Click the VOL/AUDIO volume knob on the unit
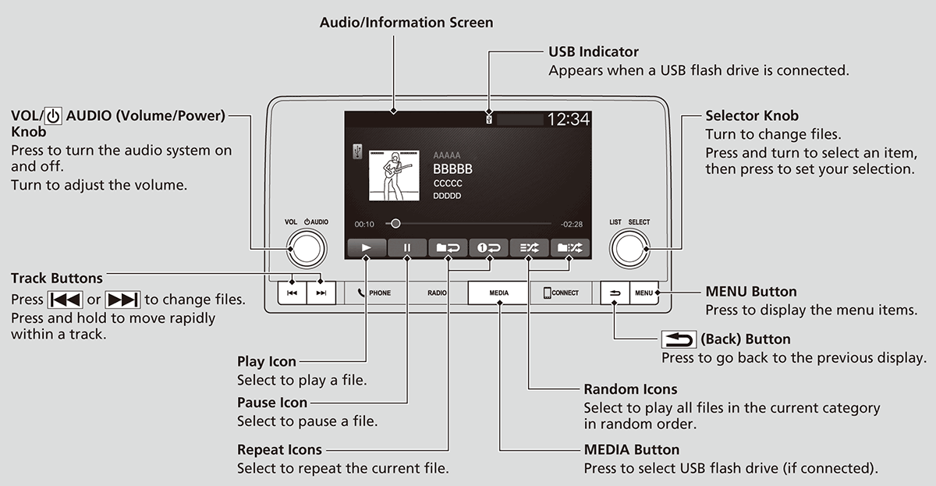tap(306, 249)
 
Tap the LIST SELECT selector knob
tap(629, 249)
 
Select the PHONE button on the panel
tap(374, 293)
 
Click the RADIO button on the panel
tap(437, 293)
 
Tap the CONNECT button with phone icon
tap(561, 293)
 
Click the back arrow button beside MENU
tap(615, 293)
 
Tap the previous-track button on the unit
tap(291, 293)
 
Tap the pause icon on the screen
tap(407, 248)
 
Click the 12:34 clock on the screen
tap(568, 119)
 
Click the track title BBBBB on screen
tap(452, 169)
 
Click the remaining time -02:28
tap(571, 224)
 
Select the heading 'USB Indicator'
tap(593, 51)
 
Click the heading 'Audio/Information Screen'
tap(406, 23)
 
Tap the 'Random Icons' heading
tap(630, 388)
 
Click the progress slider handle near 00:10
tap(395, 223)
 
